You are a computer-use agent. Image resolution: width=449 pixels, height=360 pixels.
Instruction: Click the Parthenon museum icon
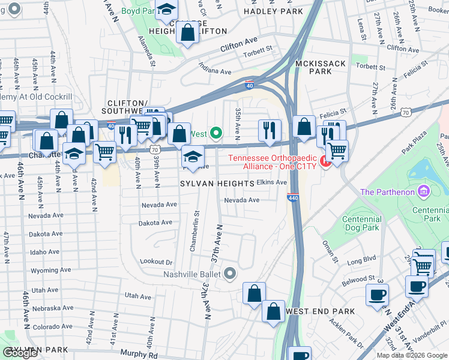424,191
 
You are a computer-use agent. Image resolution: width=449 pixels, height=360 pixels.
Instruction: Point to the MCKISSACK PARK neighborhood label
321,67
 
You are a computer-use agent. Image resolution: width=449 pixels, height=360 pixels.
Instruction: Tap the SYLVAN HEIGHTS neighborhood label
217,184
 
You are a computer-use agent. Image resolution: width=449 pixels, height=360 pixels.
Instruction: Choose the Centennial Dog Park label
361,223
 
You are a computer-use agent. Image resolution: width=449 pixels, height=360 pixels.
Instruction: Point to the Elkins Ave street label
272,182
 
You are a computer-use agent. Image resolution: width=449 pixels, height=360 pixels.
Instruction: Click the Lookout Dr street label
156,262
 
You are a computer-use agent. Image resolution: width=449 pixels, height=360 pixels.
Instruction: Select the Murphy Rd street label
139,355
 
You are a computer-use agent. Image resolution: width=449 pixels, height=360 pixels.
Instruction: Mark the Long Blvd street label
361,260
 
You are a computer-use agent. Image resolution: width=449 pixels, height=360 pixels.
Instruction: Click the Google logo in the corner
20,353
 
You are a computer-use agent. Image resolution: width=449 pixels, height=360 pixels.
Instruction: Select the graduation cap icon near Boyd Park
166,8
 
